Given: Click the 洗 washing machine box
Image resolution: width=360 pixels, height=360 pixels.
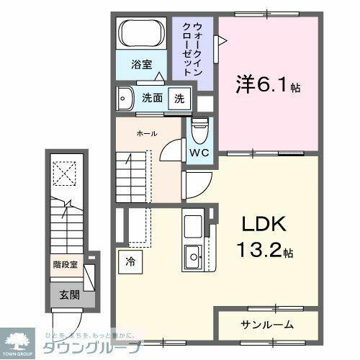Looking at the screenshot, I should pyautogui.click(x=179, y=99).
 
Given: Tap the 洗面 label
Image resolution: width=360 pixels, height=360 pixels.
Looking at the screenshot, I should pyautogui.click(x=151, y=99).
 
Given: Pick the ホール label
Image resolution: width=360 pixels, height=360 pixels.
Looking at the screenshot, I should pyautogui.click(x=146, y=134).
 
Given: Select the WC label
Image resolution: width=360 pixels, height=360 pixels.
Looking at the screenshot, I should pyautogui.click(x=199, y=153).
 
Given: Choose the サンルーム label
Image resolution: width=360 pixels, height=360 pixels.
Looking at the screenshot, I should pyautogui.click(x=265, y=324).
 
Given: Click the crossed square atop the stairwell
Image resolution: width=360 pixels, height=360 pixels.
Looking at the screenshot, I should pyautogui.click(x=66, y=173).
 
